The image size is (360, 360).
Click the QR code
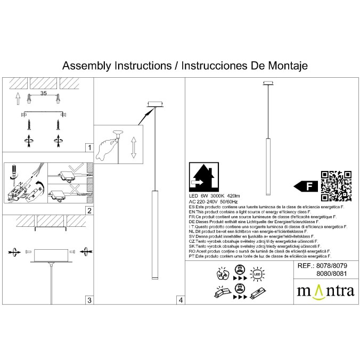[x=336, y=186]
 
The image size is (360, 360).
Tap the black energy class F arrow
[x=306, y=186]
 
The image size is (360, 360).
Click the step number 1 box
[x=89, y=148]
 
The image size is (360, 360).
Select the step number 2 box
[x=89, y=210]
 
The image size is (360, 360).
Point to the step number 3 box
[x=89, y=300]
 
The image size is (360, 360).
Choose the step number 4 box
[x=181, y=300]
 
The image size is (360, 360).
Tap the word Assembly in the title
[x=85, y=66]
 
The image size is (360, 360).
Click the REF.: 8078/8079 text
[x=324, y=265]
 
